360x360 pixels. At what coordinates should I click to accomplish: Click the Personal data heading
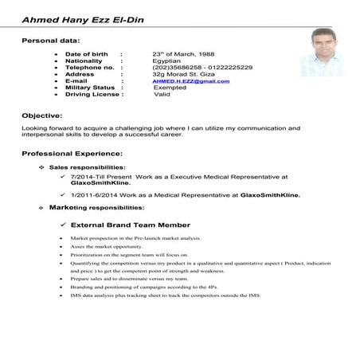click(50, 39)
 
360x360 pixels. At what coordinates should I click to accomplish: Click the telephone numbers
click(202, 68)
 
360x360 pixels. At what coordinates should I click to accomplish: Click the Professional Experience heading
click(72, 152)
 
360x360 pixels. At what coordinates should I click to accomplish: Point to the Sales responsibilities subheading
click(88, 167)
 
